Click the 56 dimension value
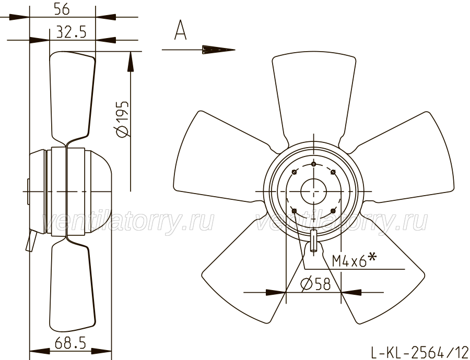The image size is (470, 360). pyautogui.click(x=62, y=9)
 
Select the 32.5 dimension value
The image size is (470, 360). pyautogui.click(x=72, y=32)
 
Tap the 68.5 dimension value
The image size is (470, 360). pyautogui.click(x=70, y=343)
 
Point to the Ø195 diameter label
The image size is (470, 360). pyautogui.click(x=122, y=119)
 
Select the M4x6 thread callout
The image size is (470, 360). pyautogui.click(x=354, y=259)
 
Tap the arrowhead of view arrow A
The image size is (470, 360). pyautogui.click(x=218, y=50)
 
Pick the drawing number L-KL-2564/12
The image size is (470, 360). pyautogui.click(x=419, y=352)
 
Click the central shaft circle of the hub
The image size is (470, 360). pyautogui.click(x=313, y=191)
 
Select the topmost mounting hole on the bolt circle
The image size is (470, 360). pyautogui.click(x=313, y=164)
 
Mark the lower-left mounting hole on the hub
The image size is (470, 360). pyautogui.click(x=294, y=211)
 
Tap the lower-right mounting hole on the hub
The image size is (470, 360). pyautogui.click(x=333, y=211)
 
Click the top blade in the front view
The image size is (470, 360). pyautogui.click(x=314, y=96)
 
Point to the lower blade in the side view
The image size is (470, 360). pyautogui.click(x=72, y=284)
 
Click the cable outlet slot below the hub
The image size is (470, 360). pyautogui.click(x=313, y=241)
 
